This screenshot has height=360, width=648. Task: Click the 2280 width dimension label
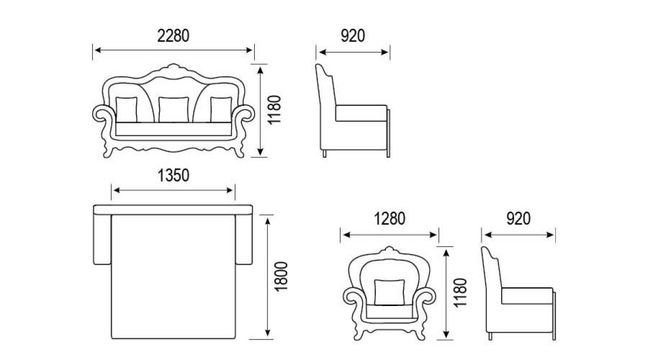click(x=173, y=36)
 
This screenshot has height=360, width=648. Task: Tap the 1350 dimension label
click(x=173, y=175)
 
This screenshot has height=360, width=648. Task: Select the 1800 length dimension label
click(x=281, y=277)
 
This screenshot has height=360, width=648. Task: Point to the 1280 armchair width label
click(x=390, y=219)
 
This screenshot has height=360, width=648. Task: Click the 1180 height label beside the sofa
click(x=274, y=110)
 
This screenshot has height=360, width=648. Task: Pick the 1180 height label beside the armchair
click(x=460, y=293)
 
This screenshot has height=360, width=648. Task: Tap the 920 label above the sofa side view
click(x=353, y=36)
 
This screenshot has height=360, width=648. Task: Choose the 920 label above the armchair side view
click(x=518, y=219)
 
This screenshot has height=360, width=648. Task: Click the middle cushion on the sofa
click(x=173, y=110)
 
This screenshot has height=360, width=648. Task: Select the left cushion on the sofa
click(x=126, y=110)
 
